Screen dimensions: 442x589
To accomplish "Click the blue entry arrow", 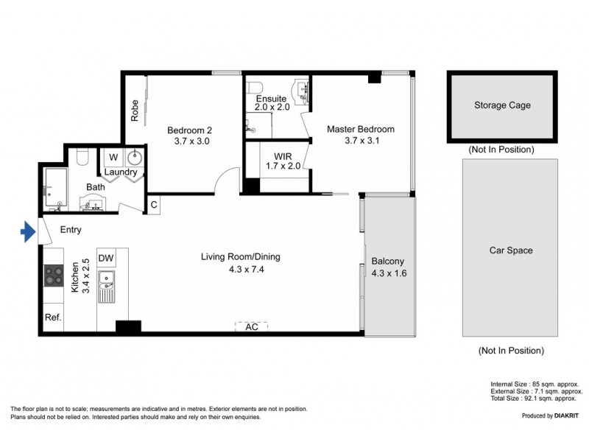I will click(x=27, y=233).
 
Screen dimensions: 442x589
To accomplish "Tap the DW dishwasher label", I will click(x=105, y=258).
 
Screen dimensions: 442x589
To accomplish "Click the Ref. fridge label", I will click(x=52, y=318).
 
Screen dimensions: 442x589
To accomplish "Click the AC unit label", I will click(x=252, y=326).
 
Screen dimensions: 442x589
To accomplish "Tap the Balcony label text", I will click(x=388, y=262).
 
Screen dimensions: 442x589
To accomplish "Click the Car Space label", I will click(x=511, y=250).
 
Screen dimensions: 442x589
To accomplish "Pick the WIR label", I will click(x=283, y=155).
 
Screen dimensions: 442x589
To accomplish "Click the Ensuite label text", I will click(x=271, y=99).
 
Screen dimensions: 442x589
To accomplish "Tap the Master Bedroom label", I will click(x=361, y=129).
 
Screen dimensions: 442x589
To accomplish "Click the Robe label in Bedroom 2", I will click(x=135, y=110).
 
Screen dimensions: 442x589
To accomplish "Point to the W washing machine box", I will click(x=113, y=158).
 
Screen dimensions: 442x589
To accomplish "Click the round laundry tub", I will click(x=135, y=158).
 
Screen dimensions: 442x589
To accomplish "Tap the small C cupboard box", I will click(x=154, y=204).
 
